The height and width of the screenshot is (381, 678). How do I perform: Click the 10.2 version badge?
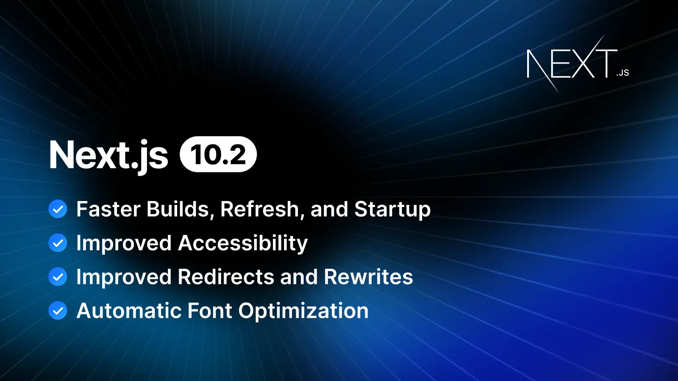(x=218, y=155)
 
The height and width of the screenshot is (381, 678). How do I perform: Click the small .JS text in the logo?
(x=623, y=73)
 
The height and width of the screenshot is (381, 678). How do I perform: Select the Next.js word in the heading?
(x=108, y=155)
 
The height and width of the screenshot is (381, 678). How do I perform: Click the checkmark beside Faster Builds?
(x=58, y=209)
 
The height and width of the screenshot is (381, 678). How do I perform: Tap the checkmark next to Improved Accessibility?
(x=58, y=243)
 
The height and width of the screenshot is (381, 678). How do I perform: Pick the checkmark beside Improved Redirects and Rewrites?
(x=58, y=277)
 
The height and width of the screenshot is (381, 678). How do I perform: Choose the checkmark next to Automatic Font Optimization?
(x=58, y=311)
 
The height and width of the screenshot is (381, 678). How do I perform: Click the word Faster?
(x=108, y=209)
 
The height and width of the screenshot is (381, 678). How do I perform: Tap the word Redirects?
(x=226, y=277)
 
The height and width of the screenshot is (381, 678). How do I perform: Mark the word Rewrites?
(x=368, y=277)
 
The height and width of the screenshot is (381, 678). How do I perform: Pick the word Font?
(x=210, y=311)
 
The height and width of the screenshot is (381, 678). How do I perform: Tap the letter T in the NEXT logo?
(x=606, y=63)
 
